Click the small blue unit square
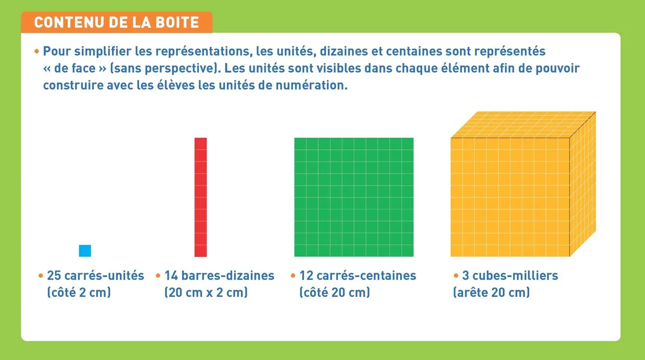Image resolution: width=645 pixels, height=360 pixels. (x=85, y=251)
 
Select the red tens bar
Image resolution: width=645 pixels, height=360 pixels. (x=201, y=197)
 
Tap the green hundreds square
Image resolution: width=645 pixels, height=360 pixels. (x=354, y=197)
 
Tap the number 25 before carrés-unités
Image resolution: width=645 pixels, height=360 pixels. (x=54, y=275)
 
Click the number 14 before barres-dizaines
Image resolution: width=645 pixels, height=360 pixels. (x=171, y=275)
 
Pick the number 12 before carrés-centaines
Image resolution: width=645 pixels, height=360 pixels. (x=306, y=275)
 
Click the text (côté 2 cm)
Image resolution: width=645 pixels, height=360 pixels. (x=79, y=292)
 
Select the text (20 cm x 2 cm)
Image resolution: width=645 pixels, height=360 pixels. (x=206, y=292)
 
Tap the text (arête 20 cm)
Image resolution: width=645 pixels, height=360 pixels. (x=492, y=292)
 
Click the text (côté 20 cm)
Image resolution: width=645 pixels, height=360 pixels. (x=334, y=292)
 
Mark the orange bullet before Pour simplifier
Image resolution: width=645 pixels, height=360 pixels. (x=37, y=51)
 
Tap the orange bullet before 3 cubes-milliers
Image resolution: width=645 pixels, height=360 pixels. (x=456, y=275)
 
